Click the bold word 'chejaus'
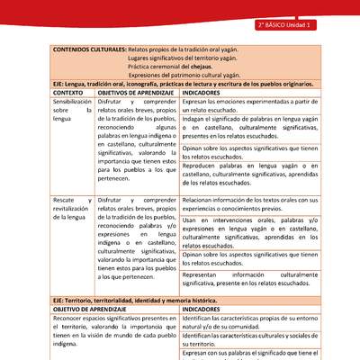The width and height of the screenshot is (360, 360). click(x=197, y=67)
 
